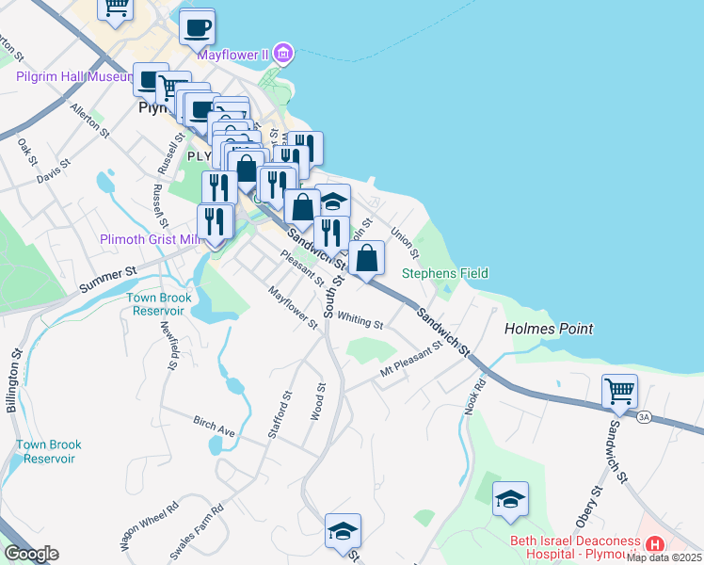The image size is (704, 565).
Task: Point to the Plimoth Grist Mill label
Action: (151, 240)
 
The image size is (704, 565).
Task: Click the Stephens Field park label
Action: (445, 273)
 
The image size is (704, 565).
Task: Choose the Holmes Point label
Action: (549, 329)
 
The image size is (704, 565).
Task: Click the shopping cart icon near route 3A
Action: (619, 390)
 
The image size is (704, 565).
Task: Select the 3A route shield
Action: (644, 415)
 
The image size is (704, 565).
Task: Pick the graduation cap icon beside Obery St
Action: (510, 499)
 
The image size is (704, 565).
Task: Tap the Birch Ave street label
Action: (214, 424)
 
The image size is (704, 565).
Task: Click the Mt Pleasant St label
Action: (411, 361)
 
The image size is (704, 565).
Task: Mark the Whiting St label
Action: (360, 320)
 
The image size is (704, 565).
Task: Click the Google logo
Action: (31, 554)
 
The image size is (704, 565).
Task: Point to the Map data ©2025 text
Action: (664, 557)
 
